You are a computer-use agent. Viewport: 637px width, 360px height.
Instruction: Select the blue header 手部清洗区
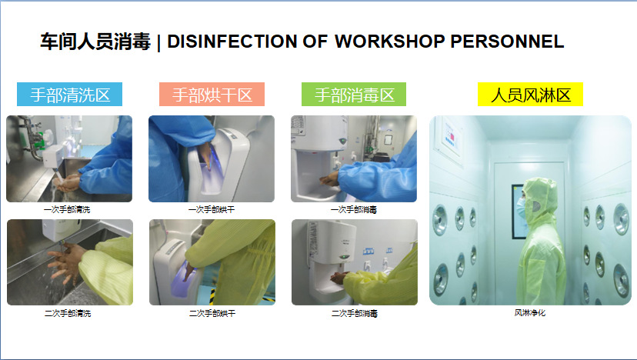[x=70, y=95]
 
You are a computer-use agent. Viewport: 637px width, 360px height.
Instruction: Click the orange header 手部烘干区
[x=212, y=95]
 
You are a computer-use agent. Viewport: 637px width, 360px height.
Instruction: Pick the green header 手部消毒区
[x=354, y=95]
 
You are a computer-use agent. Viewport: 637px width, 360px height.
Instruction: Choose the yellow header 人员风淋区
[x=530, y=95]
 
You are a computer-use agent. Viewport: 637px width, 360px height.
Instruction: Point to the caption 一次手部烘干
[x=212, y=209]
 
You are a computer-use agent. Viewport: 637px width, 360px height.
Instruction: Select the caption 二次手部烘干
[x=212, y=314]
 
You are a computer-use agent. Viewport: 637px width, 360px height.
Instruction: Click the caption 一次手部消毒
[x=354, y=209]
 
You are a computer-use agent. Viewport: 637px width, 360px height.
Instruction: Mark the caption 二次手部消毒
[x=355, y=314]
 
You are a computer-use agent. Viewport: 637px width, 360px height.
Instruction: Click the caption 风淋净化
[x=530, y=313]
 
